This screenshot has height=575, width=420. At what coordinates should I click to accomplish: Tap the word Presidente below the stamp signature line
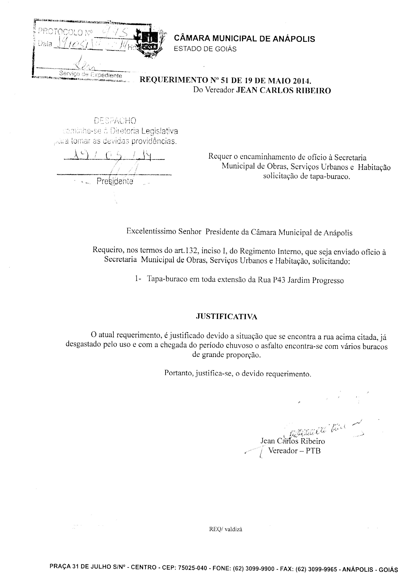115,181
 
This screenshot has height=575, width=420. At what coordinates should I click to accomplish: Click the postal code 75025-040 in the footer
192,568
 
